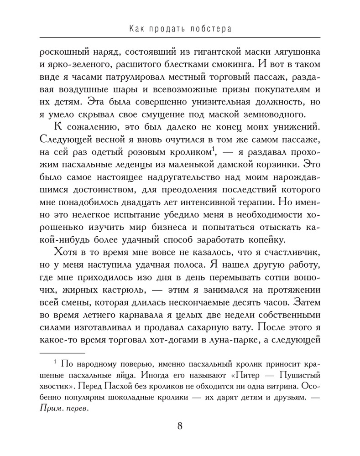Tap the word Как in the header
click(138, 29)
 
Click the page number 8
click(180, 426)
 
